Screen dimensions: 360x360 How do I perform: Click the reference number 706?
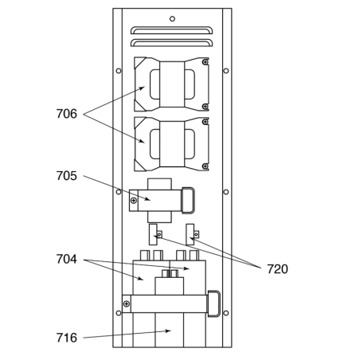pyautogui.click(x=67, y=114)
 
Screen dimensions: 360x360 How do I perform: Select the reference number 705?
pyautogui.click(x=67, y=176)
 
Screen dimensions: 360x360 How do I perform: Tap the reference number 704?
pyautogui.click(x=67, y=259)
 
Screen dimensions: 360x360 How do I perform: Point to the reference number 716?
pyautogui.click(x=67, y=338)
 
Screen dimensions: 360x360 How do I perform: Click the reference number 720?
pyautogui.click(x=277, y=269)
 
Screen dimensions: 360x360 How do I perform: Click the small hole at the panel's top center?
pyautogui.click(x=172, y=19)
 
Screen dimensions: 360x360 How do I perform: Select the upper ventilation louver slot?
pyautogui.click(x=171, y=30)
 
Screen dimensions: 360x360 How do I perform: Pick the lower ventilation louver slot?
pyautogui.click(x=171, y=43)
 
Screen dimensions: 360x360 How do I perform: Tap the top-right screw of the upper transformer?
pyautogui.click(x=205, y=62)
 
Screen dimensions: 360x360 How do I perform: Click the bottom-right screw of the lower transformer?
pyautogui.click(x=205, y=166)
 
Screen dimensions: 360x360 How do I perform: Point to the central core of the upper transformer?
pyautogui.click(x=172, y=84)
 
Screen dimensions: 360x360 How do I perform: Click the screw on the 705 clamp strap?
pyautogui.click(x=134, y=201)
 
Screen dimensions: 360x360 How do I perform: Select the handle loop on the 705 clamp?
pyautogui.click(x=188, y=201)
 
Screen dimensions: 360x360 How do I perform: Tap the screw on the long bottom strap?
pyautogui.click(x=127, y=303)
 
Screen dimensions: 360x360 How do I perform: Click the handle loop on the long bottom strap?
pyautogui.click(x=214, y=303)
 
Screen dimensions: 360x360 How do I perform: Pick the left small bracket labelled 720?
pyautogui.click(x=153, y=234)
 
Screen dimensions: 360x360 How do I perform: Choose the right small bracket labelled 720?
pyautogui.click(x=190, y=234)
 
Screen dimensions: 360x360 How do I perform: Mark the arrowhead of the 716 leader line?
pyautogui.click(x=168, y=331)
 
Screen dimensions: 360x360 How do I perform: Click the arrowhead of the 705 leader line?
pyautogui.click(x=148, y=199)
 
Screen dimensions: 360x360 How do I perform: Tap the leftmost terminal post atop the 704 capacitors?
pyautogui.click(x=145, y=255)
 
